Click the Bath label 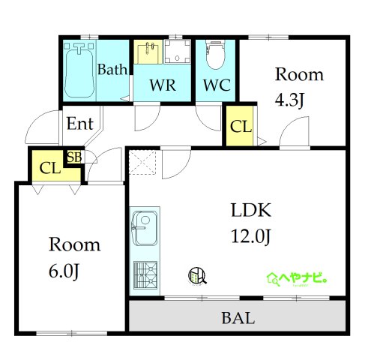[112, 70]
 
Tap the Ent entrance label [79, 123]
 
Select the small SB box [74, 157]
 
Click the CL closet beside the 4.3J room [241, 127]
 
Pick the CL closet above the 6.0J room [49, 167]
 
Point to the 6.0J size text [64, 270]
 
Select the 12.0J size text [250, 236]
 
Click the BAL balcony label [238, 317]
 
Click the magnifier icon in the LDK [198, 277]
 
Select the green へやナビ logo [298, 278]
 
